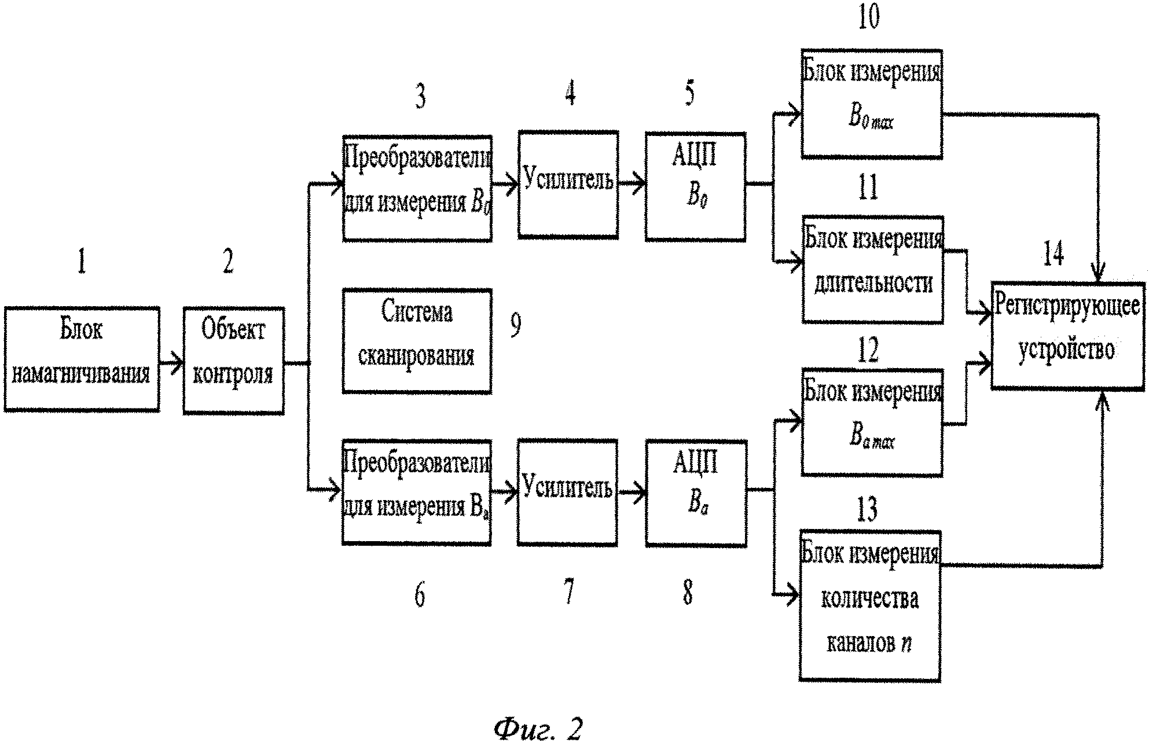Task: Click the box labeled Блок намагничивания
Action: click(82, 359)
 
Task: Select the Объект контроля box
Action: click(233, 360)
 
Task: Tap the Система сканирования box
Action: click(417, 341)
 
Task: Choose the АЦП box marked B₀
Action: click(695, 186)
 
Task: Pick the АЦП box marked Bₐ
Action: click(696, 493)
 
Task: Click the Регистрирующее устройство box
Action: click(1068, 336)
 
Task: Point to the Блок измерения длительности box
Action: click(873, 269)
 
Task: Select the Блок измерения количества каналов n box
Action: click(869, 606)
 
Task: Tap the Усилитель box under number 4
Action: click(568, 185)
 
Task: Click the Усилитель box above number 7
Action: click(567, 492)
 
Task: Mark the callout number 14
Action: click(1053, 254)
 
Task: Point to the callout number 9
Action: click(515, 325)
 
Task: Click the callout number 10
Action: click(868, 16)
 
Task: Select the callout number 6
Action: click(420, 594)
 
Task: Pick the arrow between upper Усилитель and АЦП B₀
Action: click(632, 185)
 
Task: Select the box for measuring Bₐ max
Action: click(872, 422)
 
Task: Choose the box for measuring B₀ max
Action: click(872, 104)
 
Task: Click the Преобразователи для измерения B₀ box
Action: click(417, 188)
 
